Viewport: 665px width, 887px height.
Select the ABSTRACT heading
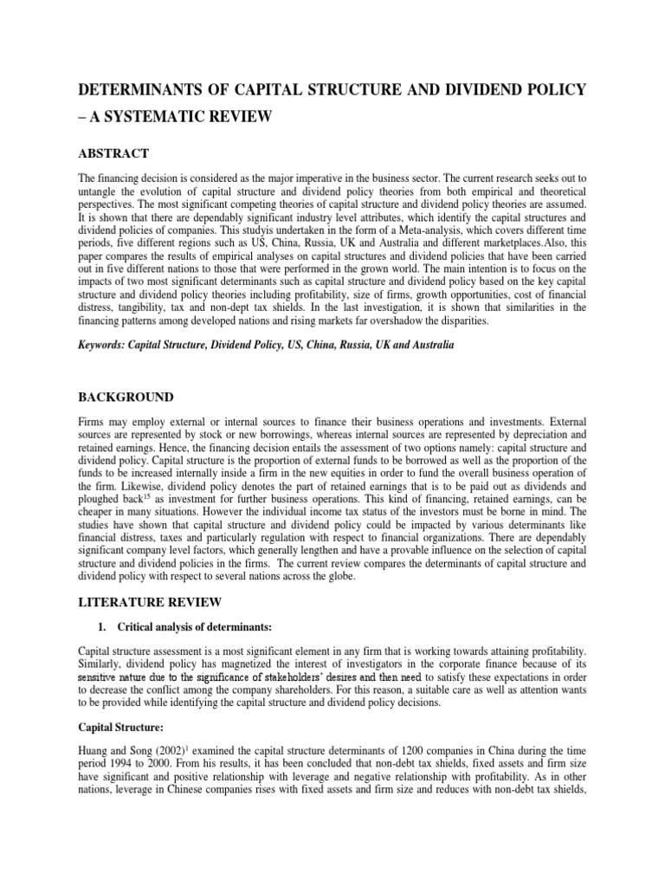(113, 153)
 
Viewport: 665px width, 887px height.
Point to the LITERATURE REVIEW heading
(150, 601)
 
